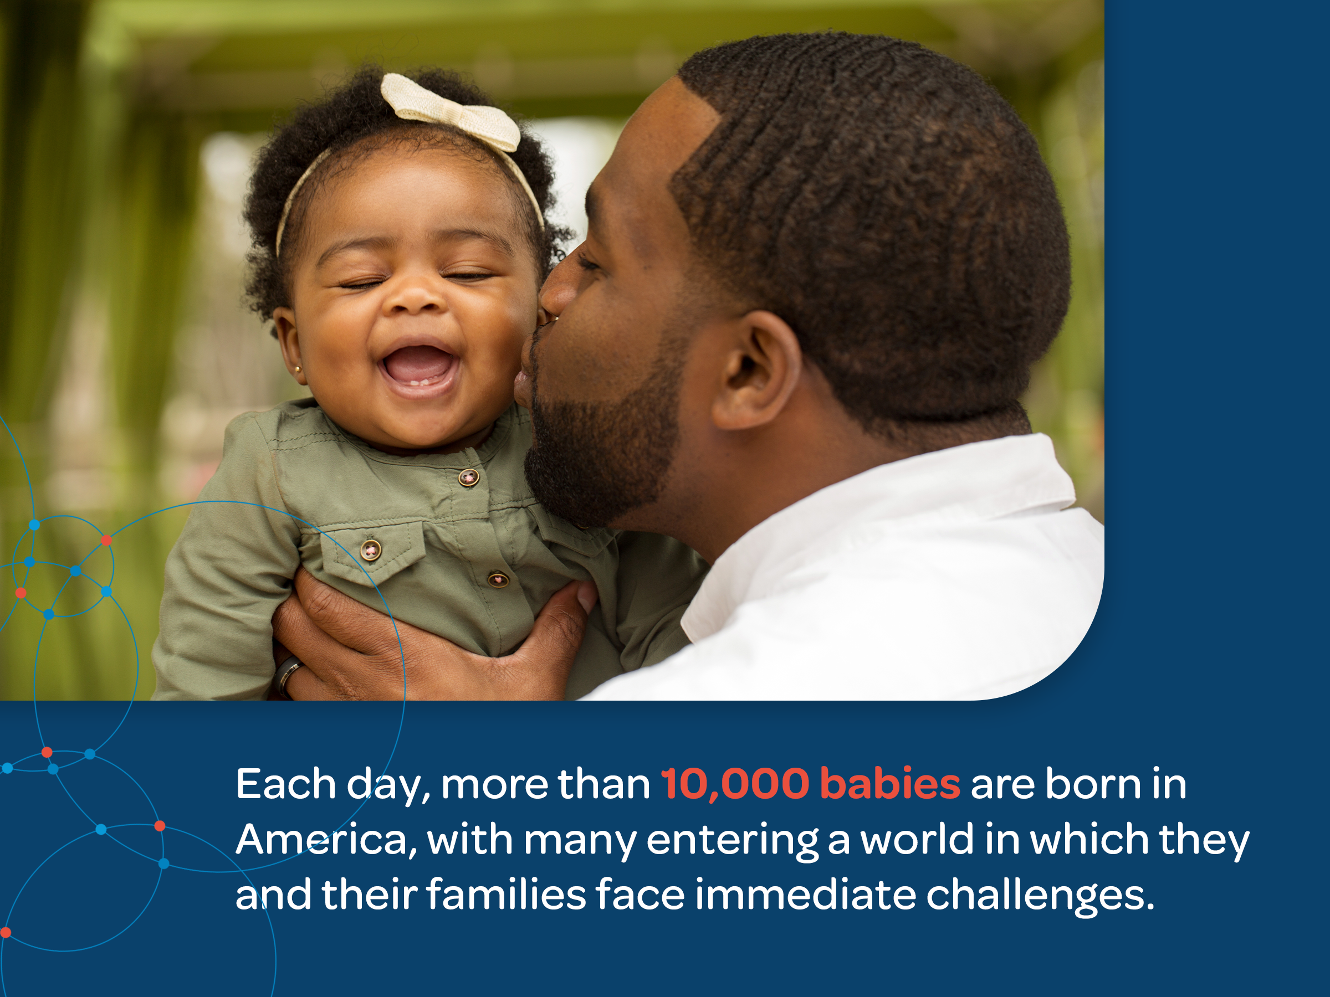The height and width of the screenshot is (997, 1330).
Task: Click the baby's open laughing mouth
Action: (418, 367)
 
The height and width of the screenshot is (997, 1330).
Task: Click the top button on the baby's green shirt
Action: (468, 478)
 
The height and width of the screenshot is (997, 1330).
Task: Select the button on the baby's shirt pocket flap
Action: (370, 550)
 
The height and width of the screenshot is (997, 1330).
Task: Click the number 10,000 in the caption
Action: (735, 785)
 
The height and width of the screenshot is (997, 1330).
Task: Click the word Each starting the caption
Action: (285, 784)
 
